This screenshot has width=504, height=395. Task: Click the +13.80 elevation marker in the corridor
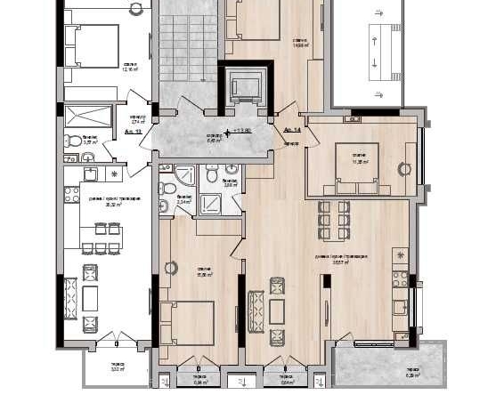(x=239, y=132)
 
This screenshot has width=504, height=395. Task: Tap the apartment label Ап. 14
(x=290, y=130)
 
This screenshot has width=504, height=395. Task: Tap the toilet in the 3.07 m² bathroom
(x=70, y=140)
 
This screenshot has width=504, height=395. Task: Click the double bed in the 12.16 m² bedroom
(x=93, y=44)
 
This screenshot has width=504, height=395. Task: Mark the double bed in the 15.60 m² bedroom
(x=189, y=323)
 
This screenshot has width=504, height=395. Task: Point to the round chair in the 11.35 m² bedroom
(x=403, y=165)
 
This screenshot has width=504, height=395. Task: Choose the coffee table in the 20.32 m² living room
(x=90, y=297)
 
